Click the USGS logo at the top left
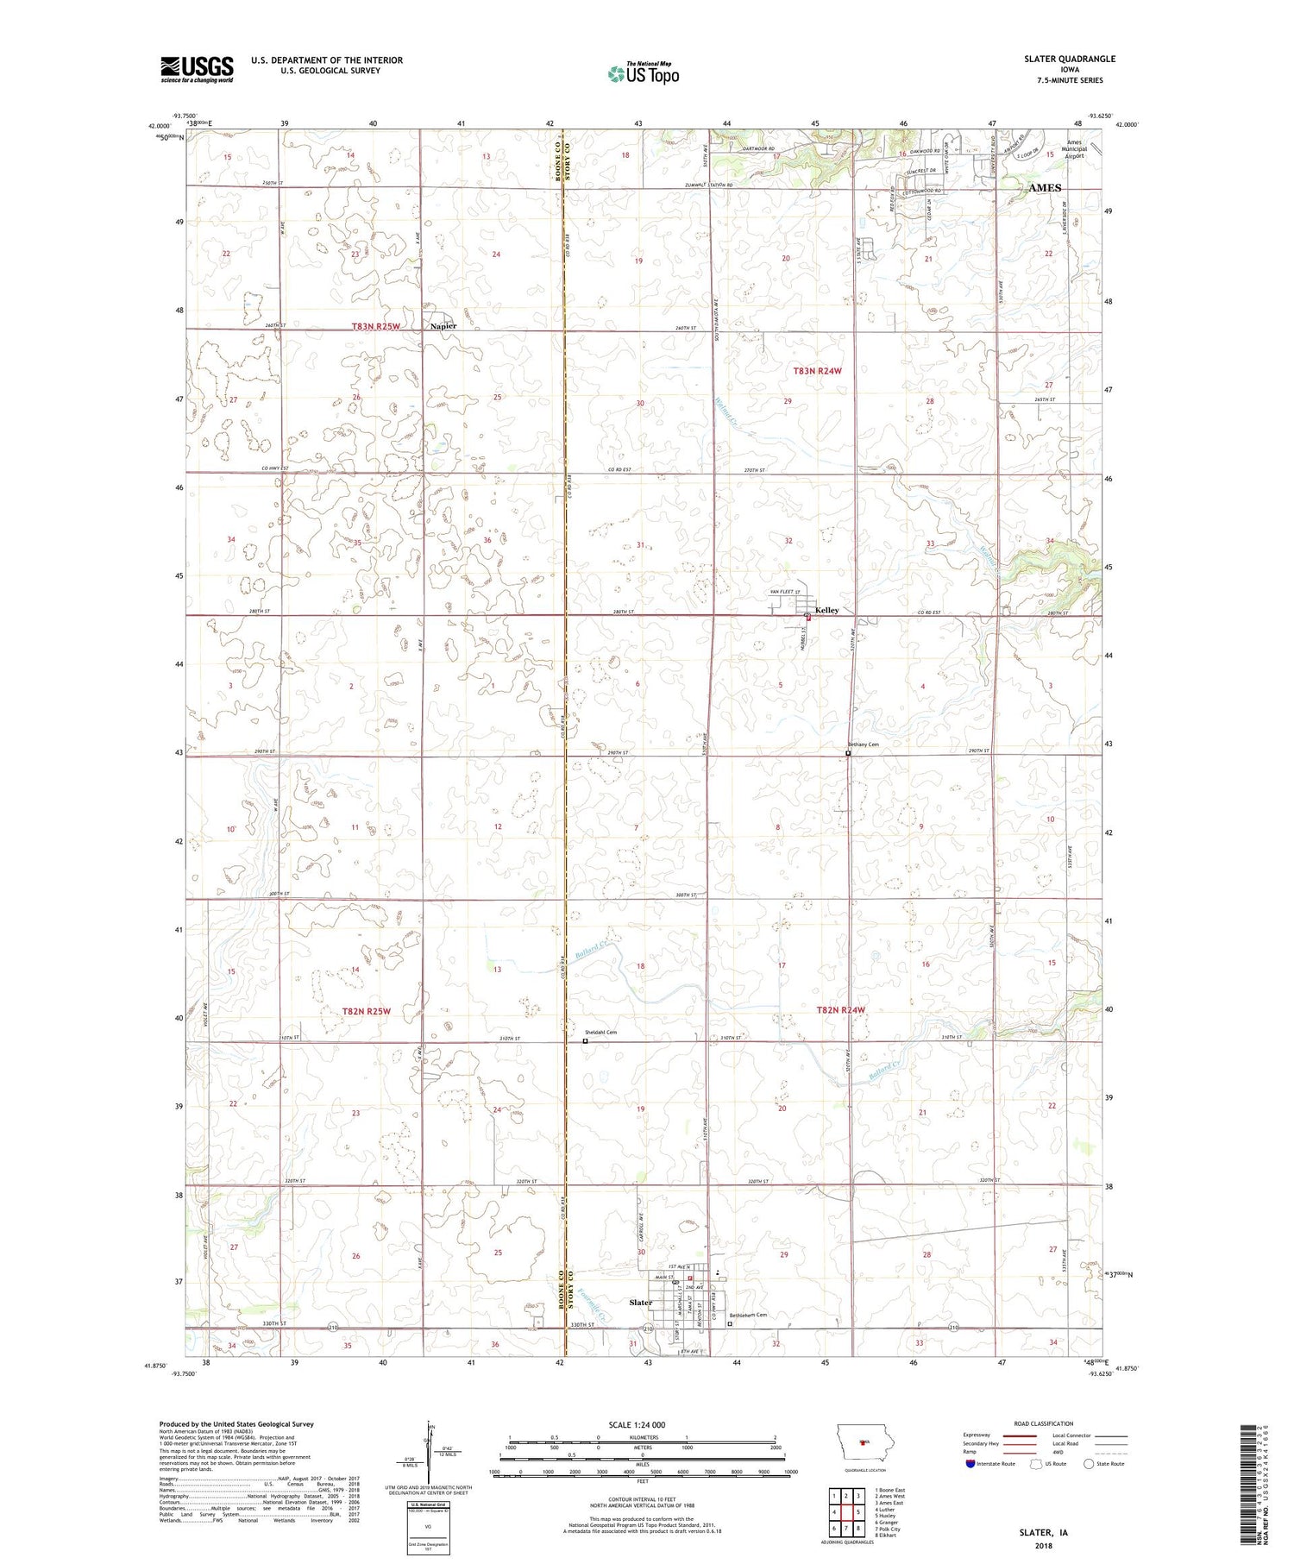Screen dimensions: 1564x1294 [x=197, y=69]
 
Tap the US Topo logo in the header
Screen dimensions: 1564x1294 [x=643, y=73]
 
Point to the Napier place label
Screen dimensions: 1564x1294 [x=443, y=326]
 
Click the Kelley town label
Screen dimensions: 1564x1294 [x=826, y=610]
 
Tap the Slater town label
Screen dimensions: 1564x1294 [x=640, y=1303]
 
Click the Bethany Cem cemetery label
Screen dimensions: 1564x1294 [x=863, y=744]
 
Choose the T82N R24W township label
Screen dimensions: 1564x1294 [x=840, y=1009]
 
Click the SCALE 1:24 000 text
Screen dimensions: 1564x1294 [x=642, y=1424]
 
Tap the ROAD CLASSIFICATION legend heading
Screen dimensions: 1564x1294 [x=1044, y=1423]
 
